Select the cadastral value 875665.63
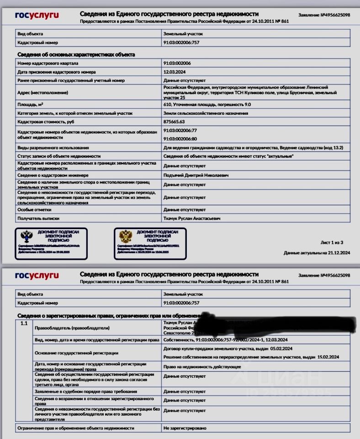pos(174,122)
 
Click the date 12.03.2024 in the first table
pos(174,72)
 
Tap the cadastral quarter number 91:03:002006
pos(177,63)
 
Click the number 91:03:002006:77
pos(180,130)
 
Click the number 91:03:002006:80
pos(180,138)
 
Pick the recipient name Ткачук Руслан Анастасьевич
pos(192,219)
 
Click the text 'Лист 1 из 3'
pos(332,242)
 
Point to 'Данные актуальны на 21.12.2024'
pos(316,252)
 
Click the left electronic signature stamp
pos(50,242)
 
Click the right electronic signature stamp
pos(150,242)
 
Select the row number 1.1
pos(24,324)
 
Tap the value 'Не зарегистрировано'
pos(185,428)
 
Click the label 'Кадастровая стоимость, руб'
pos(45,122)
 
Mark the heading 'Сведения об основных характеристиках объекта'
pos(76,55)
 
